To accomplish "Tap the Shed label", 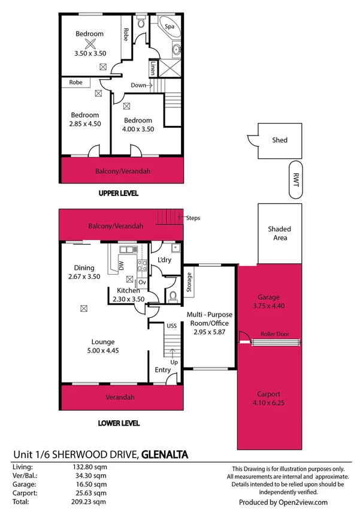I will point(280,140).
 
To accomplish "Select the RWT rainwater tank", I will point(295,179).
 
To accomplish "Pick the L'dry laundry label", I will point(165,260).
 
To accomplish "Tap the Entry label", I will point(162,370).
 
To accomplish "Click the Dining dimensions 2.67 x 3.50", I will point(84,277).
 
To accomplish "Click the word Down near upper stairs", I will point(138,85).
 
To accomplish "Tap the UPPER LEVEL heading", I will point(119,194).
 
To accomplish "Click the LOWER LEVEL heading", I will point(119,423).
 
